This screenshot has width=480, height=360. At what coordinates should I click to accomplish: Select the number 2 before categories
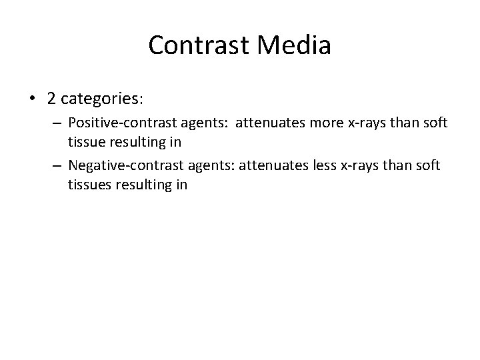(51, 98)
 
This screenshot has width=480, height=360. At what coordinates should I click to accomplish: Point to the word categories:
(100, 99)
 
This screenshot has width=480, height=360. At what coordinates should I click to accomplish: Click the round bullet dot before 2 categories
(33, 99)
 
